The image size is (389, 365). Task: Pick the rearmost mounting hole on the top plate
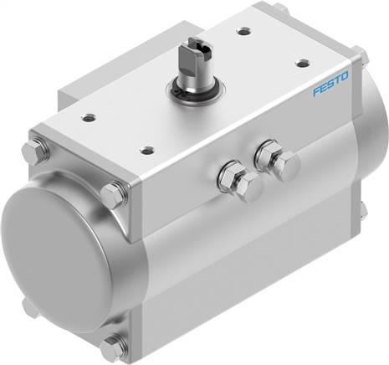[243, 31]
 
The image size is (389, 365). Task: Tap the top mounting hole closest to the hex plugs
[148, 151]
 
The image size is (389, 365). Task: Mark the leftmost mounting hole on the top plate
[89, 118]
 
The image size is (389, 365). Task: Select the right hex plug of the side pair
[276, 161]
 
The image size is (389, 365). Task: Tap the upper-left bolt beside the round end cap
[36, 152]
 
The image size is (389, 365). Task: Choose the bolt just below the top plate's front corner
[114, 195]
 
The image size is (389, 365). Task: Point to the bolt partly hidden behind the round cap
[30, 307]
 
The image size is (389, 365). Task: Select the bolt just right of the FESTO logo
[362, 59]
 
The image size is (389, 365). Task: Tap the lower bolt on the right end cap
[362, 209]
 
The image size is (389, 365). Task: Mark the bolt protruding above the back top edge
[280, 9]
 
